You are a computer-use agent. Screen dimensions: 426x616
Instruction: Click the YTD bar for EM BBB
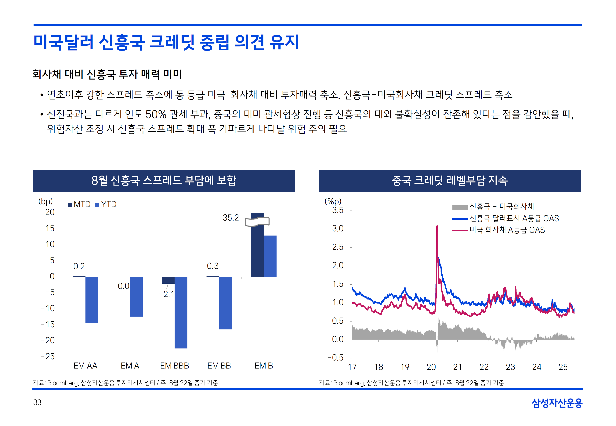pos(181,312)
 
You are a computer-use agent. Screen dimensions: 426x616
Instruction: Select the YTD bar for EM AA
pos(92,300)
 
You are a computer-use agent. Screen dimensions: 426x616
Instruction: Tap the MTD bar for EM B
pos(257,251)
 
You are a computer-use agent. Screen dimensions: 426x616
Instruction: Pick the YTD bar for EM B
pos(270,256)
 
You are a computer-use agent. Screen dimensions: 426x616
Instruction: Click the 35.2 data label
pos(230,218)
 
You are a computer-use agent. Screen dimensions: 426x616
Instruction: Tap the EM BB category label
pos(219,366)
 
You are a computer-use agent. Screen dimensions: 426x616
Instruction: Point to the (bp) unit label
pos(45,201)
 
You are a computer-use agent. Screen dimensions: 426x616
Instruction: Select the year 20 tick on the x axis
pos(431,367)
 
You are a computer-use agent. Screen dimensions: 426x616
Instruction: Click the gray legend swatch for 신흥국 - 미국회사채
pos(460,207)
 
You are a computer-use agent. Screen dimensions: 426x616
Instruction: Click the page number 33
pos(37,402)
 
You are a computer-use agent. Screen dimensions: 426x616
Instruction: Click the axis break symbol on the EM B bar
pos(257,222)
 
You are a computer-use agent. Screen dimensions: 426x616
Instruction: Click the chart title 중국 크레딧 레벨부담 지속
pos(450,181)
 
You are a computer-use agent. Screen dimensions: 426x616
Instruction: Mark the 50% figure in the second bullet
pos(156,115)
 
